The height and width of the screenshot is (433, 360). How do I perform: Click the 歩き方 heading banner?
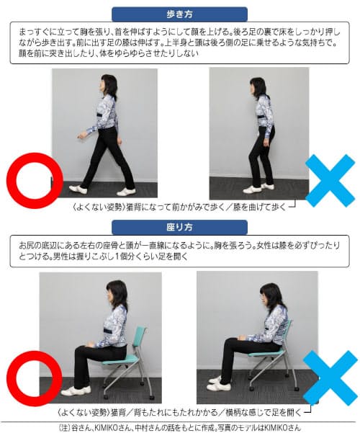[179, 14]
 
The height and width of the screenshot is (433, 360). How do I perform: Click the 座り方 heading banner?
[179, 227]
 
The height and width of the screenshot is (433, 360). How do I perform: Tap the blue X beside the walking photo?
[330, 181]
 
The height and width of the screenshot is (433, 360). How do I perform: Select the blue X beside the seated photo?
[330, 378]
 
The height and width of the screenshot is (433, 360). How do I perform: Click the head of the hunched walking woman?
[258, 87]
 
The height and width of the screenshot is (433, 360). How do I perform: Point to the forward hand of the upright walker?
[81, 136]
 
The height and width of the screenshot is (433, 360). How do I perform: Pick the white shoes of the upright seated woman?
[76, 390]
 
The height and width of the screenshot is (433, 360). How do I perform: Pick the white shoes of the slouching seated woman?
[219, 384]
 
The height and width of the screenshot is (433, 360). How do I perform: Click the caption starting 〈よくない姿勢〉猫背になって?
[179, 207]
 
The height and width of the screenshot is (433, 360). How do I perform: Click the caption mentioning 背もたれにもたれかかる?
[179, 413]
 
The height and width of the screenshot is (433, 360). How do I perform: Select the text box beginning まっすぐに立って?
[179, 43]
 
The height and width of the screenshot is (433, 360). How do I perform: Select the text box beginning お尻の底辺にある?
[179, 251]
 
